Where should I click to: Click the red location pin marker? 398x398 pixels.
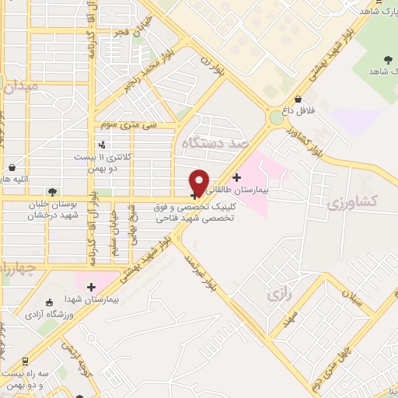coord(199,182)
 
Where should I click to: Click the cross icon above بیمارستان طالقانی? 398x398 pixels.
coord(236,177)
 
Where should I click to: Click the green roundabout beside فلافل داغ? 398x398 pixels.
coord(276,118)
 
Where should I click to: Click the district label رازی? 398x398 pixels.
coord(278,295)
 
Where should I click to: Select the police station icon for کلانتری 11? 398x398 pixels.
coord(103,144)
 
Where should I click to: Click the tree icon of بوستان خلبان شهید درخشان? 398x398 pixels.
coord(52,191)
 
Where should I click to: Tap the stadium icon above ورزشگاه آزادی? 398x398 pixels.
coord(50,302)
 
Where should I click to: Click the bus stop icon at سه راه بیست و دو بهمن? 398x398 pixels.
coord(26,361)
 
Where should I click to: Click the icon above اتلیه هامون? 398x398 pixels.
coord(12,166)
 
